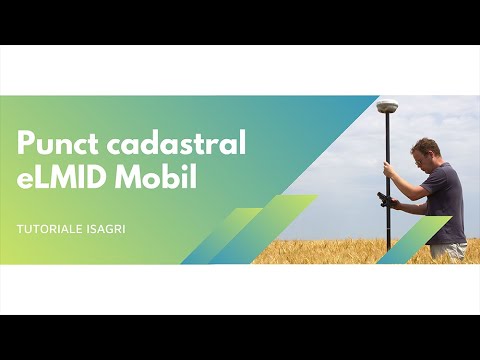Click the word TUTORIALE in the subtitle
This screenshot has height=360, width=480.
pyautogui.click(x=47, y=230)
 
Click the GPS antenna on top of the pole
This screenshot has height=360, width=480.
pyautogui.click(x=387, y=106)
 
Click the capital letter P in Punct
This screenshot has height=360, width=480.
pyautogui.click(x=25, y=144)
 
